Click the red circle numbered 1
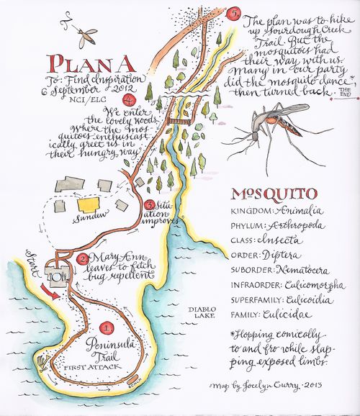pyautogui.click(x=107, y=328)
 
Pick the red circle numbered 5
pyautogui.click(x=233, y=13)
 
